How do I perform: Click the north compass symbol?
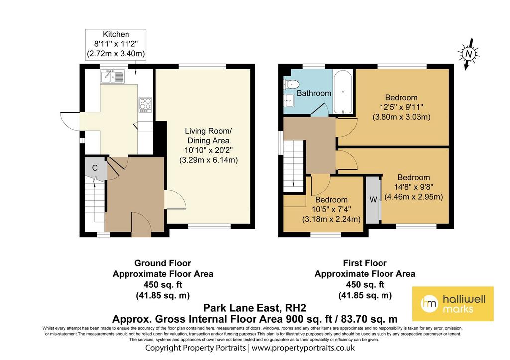pyautogui.click(x=468, y=54)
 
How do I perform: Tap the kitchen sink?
pyautogui.click(x=113, y=76)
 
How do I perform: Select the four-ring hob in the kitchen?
pyautogui.click(x=145, y=105)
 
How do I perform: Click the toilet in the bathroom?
pyautogui.click(x=290, y=84)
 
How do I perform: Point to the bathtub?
pyautogui.click(x=343, y=92)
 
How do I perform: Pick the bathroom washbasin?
pyautogui.click(x=288, y=100)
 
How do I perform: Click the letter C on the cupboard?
pyautogui.click(x=95, y=168)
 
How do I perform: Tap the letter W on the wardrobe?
pyautogui.click(x=373, y=199)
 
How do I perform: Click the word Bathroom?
pyautogui.click(x=314, y=93)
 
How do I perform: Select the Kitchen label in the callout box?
pyautogui.click(x=116, y=34)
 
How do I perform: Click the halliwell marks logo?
pyautogui.click(x=453, y=304)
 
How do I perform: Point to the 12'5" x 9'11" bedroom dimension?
pyautogui.click(x=401, y=107)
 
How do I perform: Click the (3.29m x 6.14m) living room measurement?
pyautogui.click(x=209, y=160)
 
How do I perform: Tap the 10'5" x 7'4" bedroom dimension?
pyautogui.click(x=331, y=209)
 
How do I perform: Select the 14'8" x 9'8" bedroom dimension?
pyautogui.click(x=414, y=187)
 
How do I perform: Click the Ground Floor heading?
pyautogui.click(x=163, y=263)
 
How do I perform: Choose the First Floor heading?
pyautogui.click(x=365, y=263)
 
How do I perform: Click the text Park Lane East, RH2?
pyautogui.click(x=255, y=308)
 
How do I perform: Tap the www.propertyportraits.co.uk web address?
pyautogui.click(x=303, y=348)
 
